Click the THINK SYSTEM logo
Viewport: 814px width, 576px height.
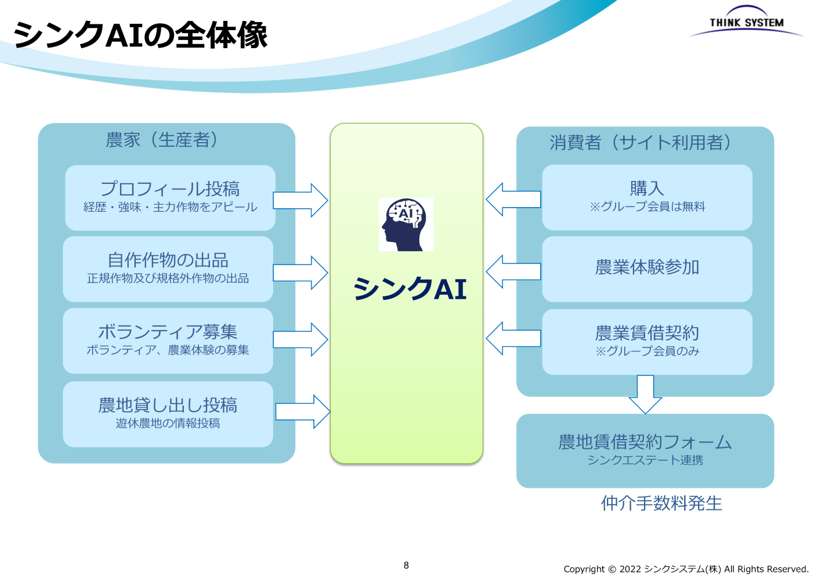coord(746,22)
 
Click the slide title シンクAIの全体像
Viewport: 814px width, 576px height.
coord(140,35)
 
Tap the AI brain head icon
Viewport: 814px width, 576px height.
coord(406,224)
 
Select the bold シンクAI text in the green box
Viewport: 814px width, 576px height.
coord(410,288)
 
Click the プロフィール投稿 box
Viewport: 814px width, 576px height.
coord(170,197)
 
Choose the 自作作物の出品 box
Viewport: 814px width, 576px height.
coord(168,269)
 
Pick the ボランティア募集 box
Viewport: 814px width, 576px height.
coord(168,340)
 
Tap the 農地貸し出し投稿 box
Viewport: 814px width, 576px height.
coord(168,414)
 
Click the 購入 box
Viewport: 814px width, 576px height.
coord(647,197)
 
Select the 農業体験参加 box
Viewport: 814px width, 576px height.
coord(647,269)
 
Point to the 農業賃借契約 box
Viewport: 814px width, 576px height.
coord(647,342)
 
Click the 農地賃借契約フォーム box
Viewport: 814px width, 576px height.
coord(645,451)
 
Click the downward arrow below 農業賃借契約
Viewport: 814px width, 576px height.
coord(645,394)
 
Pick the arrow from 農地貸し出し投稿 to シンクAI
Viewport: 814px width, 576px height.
coord(303,411)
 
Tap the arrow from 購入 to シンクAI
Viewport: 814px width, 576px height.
coord(512,200)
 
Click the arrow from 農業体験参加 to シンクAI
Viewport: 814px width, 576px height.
coord(512,271)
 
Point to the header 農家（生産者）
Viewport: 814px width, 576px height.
coord(162,140)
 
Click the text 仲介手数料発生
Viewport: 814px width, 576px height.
coord(661,503)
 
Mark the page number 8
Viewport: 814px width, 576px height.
coord(406,565)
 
